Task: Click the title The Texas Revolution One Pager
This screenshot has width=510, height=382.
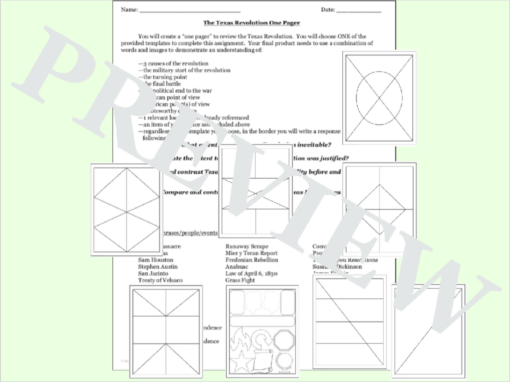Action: tap(251, 23)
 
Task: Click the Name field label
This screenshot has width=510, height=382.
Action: tap(129, 10)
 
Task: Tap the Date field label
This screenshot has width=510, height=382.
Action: tap(328, 10)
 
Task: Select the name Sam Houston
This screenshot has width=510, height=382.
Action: tap(155, 260)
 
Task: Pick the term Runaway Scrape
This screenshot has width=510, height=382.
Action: tap(247, 246)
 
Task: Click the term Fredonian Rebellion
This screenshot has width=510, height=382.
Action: tap(251, 260)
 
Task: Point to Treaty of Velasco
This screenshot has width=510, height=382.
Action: tap(160, 280)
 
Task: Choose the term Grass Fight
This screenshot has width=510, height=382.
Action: tap(240, 280)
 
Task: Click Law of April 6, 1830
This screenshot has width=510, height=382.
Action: tap(251, 273)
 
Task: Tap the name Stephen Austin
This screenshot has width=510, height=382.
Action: tap(158, 267)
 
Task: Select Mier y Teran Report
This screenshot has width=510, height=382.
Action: tap(251, 253)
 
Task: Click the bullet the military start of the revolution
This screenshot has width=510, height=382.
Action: tap(186, 70)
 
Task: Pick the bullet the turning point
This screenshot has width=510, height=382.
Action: tap(165, 77)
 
